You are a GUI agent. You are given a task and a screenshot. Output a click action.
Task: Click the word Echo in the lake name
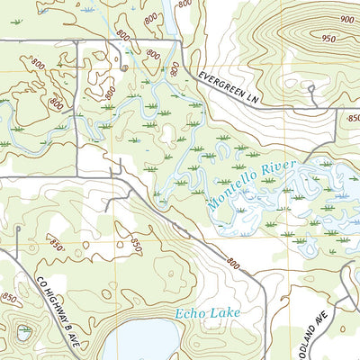point(191,314)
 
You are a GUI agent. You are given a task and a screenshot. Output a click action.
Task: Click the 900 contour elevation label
point(347,20)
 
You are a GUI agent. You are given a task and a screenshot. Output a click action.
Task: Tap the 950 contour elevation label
point(328,38)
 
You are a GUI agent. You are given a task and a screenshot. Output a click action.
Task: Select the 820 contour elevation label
point(174,68)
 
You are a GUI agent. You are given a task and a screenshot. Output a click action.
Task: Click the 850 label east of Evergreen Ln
point(352,117)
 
